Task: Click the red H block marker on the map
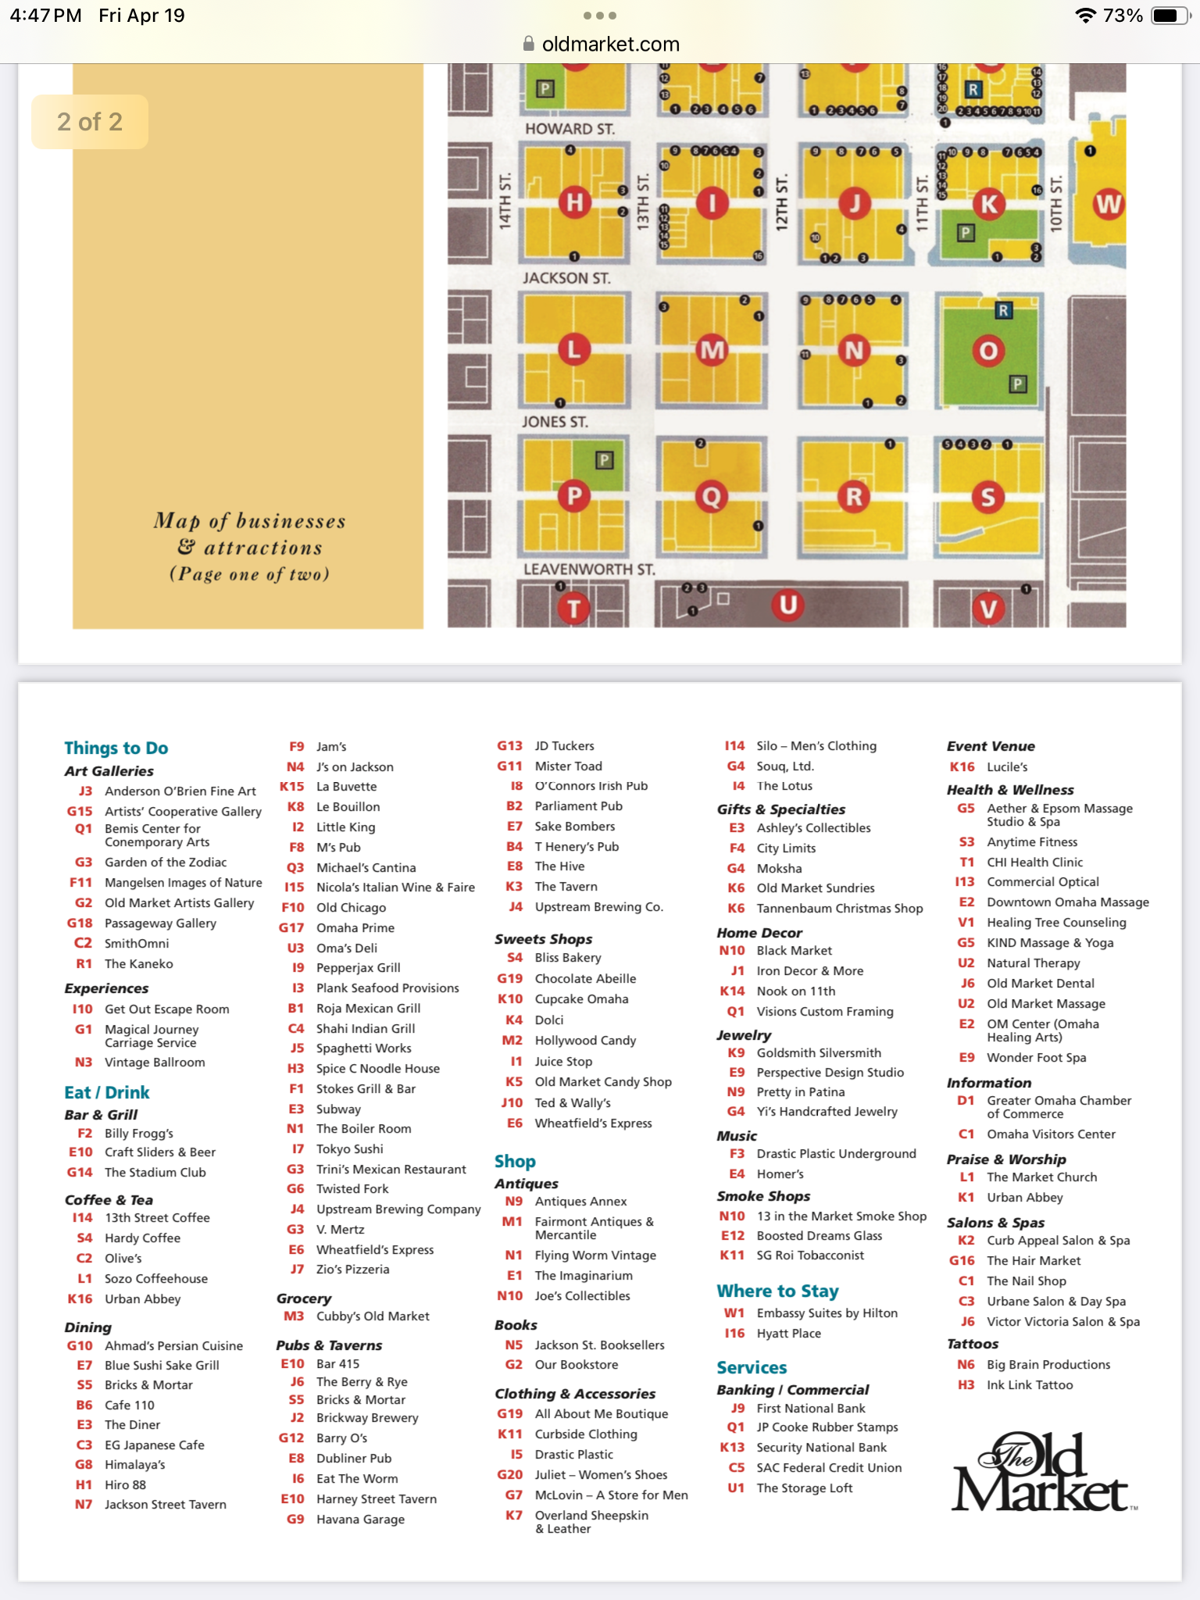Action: (x=574, y=202)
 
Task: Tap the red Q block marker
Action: (x=711, y=496)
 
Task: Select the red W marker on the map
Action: (x=1108, y=204)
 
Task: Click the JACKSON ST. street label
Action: (x=566, y=278)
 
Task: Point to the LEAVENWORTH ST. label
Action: (x=589, y=569)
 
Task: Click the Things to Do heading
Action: (x=116, y=748)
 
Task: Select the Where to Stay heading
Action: (x=777, y=1291)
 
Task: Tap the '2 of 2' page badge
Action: (x=90, y=122)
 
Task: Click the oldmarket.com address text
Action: (x=610, y=45)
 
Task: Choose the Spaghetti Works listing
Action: (x=363, y=1048)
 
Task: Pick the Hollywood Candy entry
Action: (x=585, y=1041)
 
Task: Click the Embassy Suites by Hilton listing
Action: (x=827, y=1313)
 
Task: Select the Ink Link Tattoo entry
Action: (x=1030, y=1385)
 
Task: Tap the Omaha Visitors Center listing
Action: (x=1051, y=1134)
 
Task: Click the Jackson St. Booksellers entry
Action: (x=599, y=1345)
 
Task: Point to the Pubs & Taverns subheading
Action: (x=329, y=1345)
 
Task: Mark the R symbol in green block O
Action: (x=1003, y=311)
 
